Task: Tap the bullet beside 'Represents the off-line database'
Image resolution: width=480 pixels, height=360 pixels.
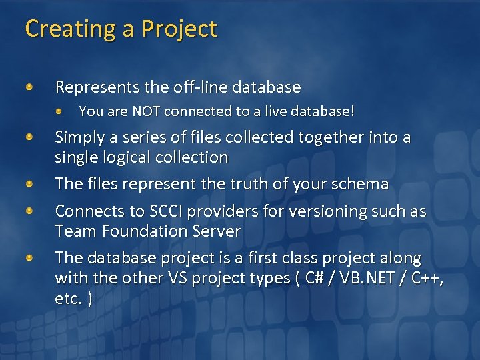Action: [x=29, y=87]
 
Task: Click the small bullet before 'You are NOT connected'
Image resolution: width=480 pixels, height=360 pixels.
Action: [x=59, y=111]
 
